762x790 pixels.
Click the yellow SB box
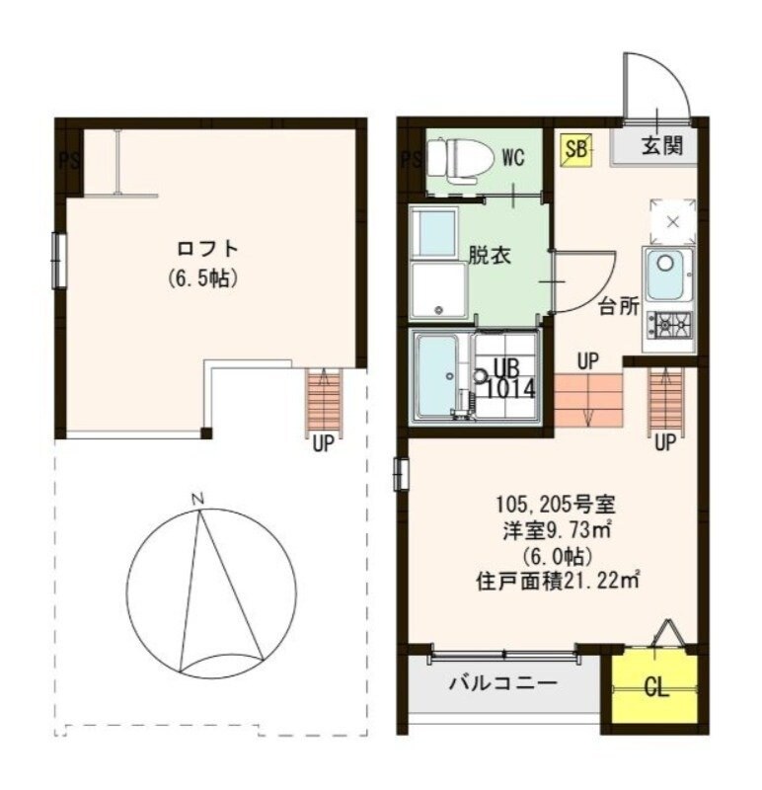(576, 149)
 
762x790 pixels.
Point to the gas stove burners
(669, 323)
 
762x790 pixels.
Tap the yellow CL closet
(654, 687)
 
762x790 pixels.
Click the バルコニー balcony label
(502, 682)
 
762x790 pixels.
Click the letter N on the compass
(197, 500)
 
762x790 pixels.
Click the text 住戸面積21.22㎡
(556, 581)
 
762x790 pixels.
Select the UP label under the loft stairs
(323, 444)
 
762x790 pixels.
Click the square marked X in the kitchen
(672, 221)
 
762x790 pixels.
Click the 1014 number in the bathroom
(511, 388)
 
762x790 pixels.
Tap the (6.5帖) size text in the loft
(203, 278)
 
